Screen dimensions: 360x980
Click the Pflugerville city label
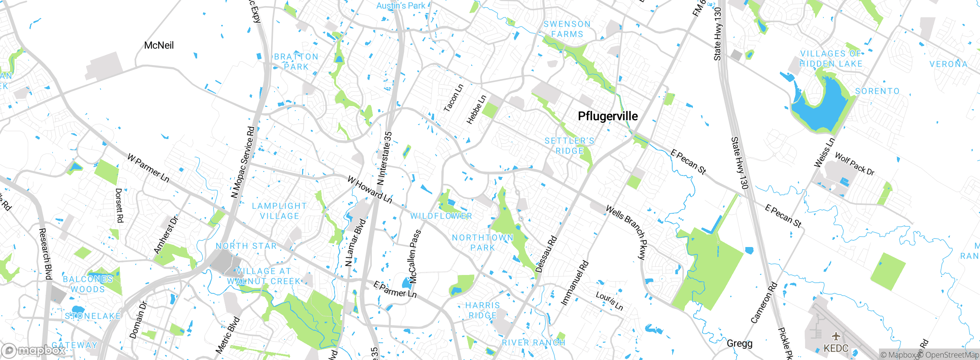608,116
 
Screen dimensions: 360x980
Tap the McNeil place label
159,46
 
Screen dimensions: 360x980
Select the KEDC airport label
836,348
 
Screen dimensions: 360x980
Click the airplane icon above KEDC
836,336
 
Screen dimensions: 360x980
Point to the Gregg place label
739,344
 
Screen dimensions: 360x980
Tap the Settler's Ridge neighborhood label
570,146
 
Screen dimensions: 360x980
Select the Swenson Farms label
567,29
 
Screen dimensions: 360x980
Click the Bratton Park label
296,62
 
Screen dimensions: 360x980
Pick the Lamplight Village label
279,211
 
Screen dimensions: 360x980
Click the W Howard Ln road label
370,190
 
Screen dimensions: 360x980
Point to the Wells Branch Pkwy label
626,232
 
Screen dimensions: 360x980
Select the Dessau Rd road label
546,254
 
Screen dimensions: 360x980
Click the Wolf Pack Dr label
854,164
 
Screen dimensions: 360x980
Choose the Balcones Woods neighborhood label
88,284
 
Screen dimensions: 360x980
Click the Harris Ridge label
483,310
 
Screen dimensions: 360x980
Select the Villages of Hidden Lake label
831,59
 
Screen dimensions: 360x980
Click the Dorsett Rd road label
119,205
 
